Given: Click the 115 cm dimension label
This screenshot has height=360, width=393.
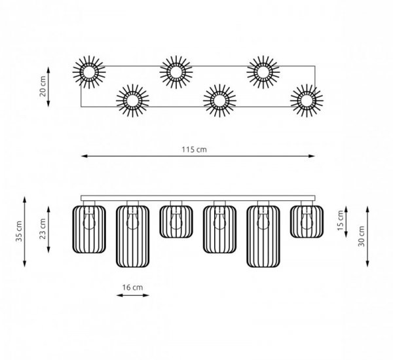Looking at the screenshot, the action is click(195, 149).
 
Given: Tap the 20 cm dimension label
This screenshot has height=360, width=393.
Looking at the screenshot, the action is click(43, 86).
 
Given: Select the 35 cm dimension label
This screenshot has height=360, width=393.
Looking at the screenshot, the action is click(19, 231).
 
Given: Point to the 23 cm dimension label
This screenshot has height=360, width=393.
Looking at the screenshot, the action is click(43, 228).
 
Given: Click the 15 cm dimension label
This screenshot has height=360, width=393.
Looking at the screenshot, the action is click(341, 221).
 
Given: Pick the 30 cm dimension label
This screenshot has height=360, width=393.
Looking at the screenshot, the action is click(362, 236).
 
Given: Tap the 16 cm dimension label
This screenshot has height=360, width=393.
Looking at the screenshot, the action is click(132, 287).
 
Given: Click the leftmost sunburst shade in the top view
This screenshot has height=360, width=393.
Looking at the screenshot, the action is click(89, 72).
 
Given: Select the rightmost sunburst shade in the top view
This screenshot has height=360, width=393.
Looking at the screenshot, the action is click(307, 100).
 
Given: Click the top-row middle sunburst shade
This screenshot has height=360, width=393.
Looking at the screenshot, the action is click(176, 72).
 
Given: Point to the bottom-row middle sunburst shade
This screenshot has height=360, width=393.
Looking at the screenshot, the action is click(219, 100).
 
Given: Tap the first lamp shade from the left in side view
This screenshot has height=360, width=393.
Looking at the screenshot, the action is click(89, 229).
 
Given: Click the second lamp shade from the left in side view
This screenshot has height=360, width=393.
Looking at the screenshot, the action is click(132, 236).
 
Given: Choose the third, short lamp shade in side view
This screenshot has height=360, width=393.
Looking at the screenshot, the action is click(176, 222).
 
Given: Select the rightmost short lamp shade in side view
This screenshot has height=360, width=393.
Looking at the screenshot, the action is click(307, 222).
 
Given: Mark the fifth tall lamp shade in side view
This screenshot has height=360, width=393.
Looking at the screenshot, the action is click(263, 236).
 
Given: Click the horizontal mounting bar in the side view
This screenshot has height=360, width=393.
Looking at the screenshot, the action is click(198, 198).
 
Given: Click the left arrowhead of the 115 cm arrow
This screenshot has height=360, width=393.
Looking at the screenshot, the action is click(84, 156).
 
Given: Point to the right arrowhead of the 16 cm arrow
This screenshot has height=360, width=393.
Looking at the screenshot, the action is click(146, 295).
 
